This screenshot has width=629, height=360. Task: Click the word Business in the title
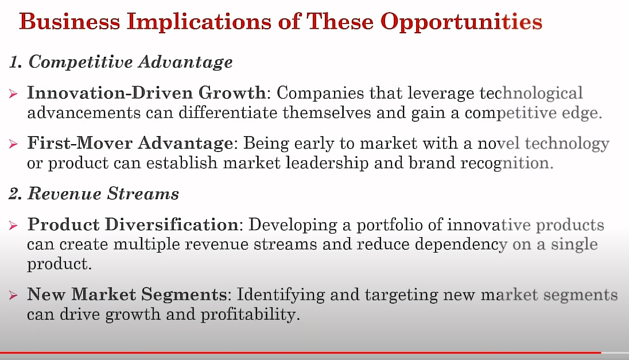pyautogui.click(x=69, y=21)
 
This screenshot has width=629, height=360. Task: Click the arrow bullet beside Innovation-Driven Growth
pyautogui.click(x=13, y=94)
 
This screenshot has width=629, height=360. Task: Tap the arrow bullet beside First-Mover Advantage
pyautogui.click(x=13, y=144)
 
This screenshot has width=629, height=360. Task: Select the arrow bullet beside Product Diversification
pyautogui.click(x=13, y=226)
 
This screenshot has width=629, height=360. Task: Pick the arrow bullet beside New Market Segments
pyautogui.click(x=13, y=295)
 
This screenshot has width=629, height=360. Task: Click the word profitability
pyautogui.click(x=250, y=315)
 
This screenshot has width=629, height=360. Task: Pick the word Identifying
pyautogui.click(x=281, y=295)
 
